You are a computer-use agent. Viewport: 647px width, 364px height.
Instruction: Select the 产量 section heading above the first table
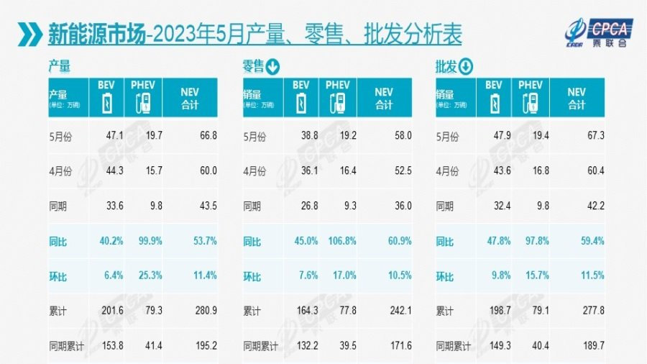point(59,67)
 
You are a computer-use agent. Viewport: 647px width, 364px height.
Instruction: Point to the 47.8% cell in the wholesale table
point(492,241)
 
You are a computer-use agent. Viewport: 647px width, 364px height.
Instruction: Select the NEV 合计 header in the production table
point(190,99)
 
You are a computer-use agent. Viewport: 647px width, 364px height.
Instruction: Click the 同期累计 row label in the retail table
point(262,346)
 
